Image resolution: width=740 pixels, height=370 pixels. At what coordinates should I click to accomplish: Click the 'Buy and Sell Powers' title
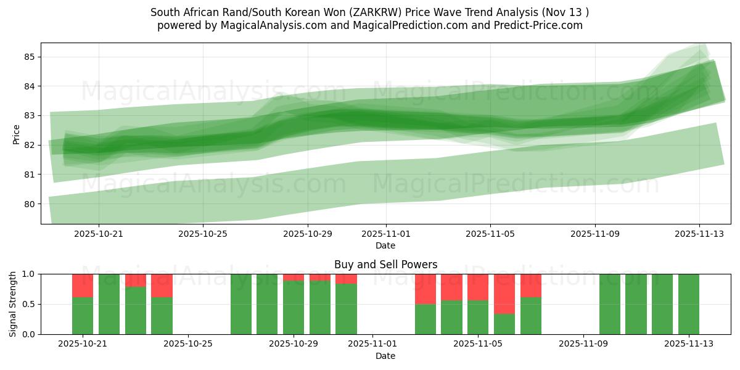[x=385, y=265]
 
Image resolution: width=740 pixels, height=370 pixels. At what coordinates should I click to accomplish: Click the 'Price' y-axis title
[x=16, y=134]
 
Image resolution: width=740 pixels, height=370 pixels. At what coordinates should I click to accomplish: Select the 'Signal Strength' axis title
[x=13, y=303]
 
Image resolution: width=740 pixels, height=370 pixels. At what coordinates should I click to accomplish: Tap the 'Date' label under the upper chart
[x=385, y=245]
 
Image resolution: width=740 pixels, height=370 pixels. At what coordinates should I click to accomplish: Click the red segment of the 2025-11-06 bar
[x=504, y=294]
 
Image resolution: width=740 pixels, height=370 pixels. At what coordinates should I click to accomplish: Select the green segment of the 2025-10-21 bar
[x=83, y=316]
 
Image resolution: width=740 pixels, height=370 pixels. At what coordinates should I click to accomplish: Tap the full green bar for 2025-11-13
[x=688, y=304]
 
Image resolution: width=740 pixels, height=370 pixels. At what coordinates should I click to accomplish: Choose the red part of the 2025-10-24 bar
[x=162, y=286]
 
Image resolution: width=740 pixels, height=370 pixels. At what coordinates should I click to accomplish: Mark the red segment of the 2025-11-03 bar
[x=425, y=289]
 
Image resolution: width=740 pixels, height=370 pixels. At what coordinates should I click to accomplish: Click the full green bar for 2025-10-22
[x=109, y=304]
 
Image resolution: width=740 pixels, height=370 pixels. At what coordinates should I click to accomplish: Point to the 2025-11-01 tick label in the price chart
[x=385, y=234]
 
